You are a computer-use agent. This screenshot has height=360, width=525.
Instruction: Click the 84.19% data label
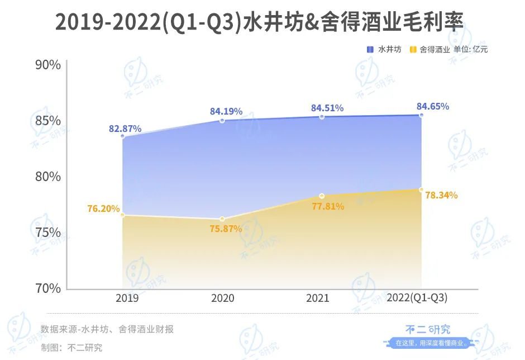point(226,111)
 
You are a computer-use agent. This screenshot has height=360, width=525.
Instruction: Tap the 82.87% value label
point(125,129)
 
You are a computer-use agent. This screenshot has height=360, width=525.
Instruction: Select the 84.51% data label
point(327,108)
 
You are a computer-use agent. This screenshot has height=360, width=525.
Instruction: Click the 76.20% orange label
point(103,209)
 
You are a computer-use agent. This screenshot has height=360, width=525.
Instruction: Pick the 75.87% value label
point(226,229)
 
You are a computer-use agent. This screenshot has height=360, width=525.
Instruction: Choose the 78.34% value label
point(441,195)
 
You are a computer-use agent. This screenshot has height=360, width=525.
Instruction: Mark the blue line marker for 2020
point(222,121)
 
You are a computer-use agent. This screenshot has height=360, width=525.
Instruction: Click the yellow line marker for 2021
point(322,196)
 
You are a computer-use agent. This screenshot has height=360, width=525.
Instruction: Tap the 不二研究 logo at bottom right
point(428,330)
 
